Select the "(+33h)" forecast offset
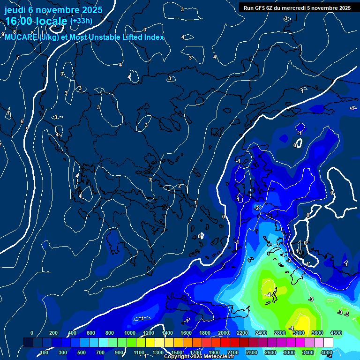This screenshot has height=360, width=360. pos(81,21)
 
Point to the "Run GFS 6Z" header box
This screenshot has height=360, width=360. pos(297,7)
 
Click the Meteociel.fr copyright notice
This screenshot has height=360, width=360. pos(199,357)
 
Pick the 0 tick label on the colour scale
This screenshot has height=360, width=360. pos(32,333)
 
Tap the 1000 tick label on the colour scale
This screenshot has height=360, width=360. pos(130,333)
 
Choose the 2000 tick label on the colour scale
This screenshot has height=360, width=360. pos(224,333)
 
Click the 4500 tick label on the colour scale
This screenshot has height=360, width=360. pos(336,333)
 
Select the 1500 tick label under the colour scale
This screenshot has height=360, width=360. pos(177,352)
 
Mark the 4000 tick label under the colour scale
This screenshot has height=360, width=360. pos(326,352)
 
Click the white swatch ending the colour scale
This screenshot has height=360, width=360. pos(328,343)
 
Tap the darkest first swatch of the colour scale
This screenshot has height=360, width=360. pos(28,343)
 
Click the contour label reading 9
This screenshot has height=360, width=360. pos(3,34)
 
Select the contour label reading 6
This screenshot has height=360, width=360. pos(22,121)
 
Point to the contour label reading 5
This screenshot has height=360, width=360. pos(27,128)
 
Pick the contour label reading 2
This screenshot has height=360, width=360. pos(179,186)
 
